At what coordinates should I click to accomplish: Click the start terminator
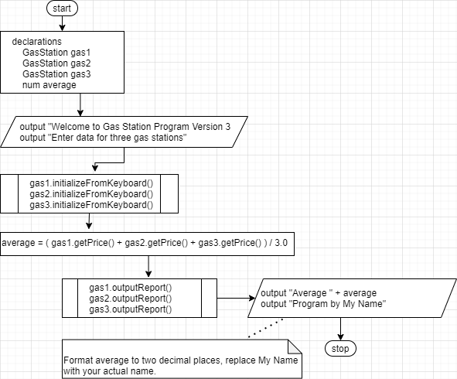(62, 9)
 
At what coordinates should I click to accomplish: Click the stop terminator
(340, 349)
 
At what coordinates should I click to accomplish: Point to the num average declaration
(49, 85)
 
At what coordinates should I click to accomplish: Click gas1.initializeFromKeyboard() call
(91, 183)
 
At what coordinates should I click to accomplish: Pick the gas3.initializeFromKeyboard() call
(91, 205)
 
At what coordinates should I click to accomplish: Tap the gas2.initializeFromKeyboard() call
(91, 194)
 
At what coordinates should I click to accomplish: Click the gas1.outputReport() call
(131, 288)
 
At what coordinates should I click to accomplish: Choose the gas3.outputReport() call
(131, 309)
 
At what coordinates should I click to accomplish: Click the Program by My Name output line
(323, 304)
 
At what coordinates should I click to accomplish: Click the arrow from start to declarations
(62, 24)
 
